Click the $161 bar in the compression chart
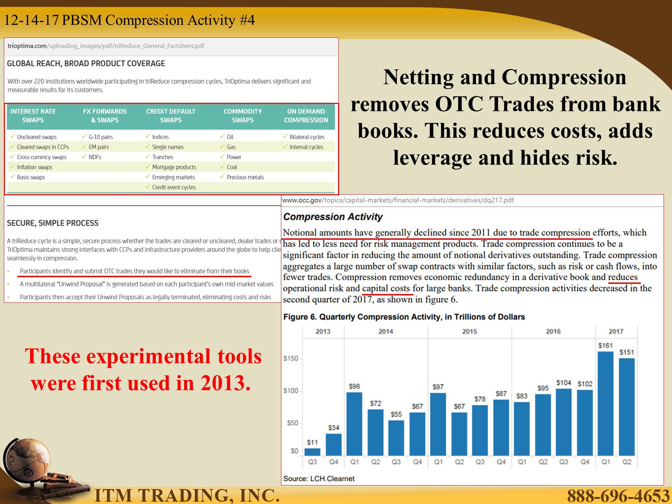coord(605,404)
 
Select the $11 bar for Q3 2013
coord(312,452)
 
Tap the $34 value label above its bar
coord(334,428)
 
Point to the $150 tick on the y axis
coord(291,358)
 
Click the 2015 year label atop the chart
coord(469,331)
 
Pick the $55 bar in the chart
coord(396,438)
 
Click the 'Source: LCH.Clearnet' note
coord(319,478)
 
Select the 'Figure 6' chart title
coord(404,317)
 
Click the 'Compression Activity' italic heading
coord(333,217)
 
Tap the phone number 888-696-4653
coord(618,496)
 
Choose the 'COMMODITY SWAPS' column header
coord(243,115)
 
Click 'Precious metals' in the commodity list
coord(245,177)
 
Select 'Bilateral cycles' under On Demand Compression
coord(307,137)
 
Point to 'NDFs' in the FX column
coord(95,157)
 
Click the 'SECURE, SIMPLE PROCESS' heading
coord(53,223)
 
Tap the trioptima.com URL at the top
coord(106,46)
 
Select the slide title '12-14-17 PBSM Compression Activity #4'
coord(129,20)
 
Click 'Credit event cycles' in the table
coord(174,187)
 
